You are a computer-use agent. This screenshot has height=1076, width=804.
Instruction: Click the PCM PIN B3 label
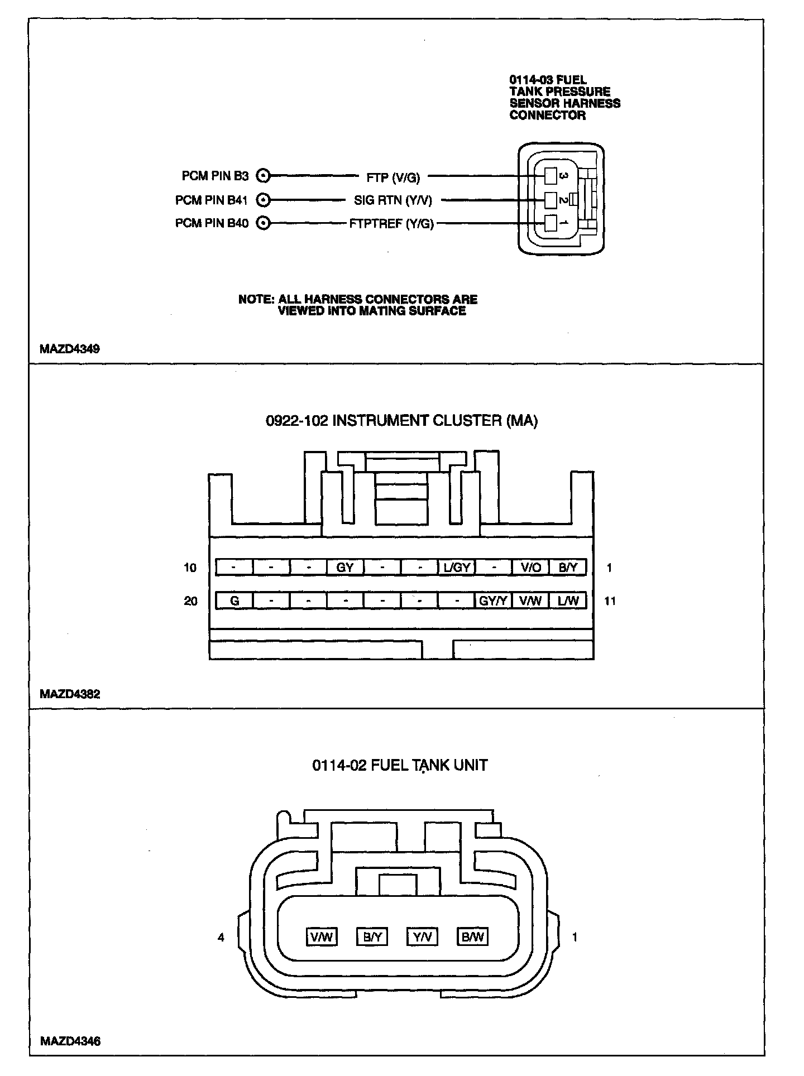[215, 176]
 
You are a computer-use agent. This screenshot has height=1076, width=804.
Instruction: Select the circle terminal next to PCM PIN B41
[263, 200]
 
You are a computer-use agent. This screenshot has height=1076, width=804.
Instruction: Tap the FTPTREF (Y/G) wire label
[391, 224]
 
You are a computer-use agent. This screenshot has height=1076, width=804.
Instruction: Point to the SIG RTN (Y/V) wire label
[393, 200]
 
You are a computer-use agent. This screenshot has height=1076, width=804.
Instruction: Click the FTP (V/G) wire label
[393, 177]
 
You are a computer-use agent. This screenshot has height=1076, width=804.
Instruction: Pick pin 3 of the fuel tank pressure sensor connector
[551, 176]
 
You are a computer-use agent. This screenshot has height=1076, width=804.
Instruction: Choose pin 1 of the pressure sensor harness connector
[551, 223]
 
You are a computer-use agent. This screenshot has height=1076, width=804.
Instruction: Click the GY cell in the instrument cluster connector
[345, 568]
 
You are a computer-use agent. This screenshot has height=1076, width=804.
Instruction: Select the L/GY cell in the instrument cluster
[457, 568]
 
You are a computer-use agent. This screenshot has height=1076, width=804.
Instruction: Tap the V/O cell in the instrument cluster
[531, 568]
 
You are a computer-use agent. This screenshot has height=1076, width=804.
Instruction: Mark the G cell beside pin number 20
[234, 601]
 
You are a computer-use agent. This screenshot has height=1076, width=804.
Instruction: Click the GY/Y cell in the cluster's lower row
[494, 601]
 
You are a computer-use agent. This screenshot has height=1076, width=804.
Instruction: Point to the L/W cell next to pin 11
[568, 601]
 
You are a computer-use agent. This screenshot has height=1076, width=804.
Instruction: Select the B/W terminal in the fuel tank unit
[472, 936]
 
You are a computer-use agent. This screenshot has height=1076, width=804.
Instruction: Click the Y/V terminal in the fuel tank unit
[423, 936]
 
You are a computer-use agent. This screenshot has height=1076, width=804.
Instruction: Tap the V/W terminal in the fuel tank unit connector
[322, 936]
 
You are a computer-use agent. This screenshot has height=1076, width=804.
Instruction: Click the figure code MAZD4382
[70, 694]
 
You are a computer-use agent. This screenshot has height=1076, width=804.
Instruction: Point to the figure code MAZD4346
[70, 1041]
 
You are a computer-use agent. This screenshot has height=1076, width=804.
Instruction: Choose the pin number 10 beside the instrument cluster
[190, 568]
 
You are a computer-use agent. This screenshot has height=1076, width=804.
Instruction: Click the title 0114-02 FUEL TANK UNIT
[400, 765]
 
